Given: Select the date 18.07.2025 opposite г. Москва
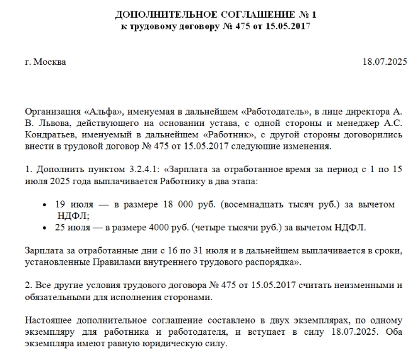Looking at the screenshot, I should click(384, 62).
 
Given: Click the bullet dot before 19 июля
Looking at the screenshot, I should click(44, 206).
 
